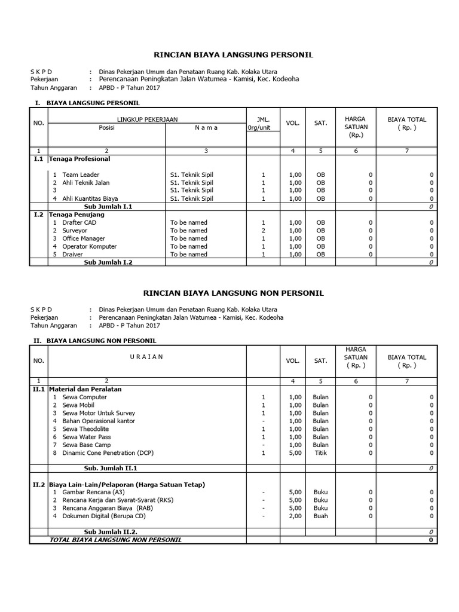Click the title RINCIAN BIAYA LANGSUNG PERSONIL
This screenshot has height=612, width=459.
click(x=234, y=55)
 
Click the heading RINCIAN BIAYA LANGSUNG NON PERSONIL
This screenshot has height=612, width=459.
click(x=234, y=293)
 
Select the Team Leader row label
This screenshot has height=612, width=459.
click(x=81, y=175)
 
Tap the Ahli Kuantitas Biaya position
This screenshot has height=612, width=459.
click(x=90, y=198)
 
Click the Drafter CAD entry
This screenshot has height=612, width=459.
click(x=79, y=222)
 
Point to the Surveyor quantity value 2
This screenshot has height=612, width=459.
click(x=263, y=230)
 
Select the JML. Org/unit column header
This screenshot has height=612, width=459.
click(x=263, y=123)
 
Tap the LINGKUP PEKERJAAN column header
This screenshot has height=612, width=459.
click(x=147, y=120)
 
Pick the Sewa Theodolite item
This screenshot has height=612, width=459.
click(x=87, y=429)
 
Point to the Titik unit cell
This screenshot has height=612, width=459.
click(x=320, y=453)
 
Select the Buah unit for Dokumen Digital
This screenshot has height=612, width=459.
click(x=320, y=516)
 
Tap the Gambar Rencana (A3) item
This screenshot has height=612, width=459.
click(x=94, y=492)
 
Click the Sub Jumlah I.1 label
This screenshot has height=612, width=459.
click(x=108, y=206)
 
